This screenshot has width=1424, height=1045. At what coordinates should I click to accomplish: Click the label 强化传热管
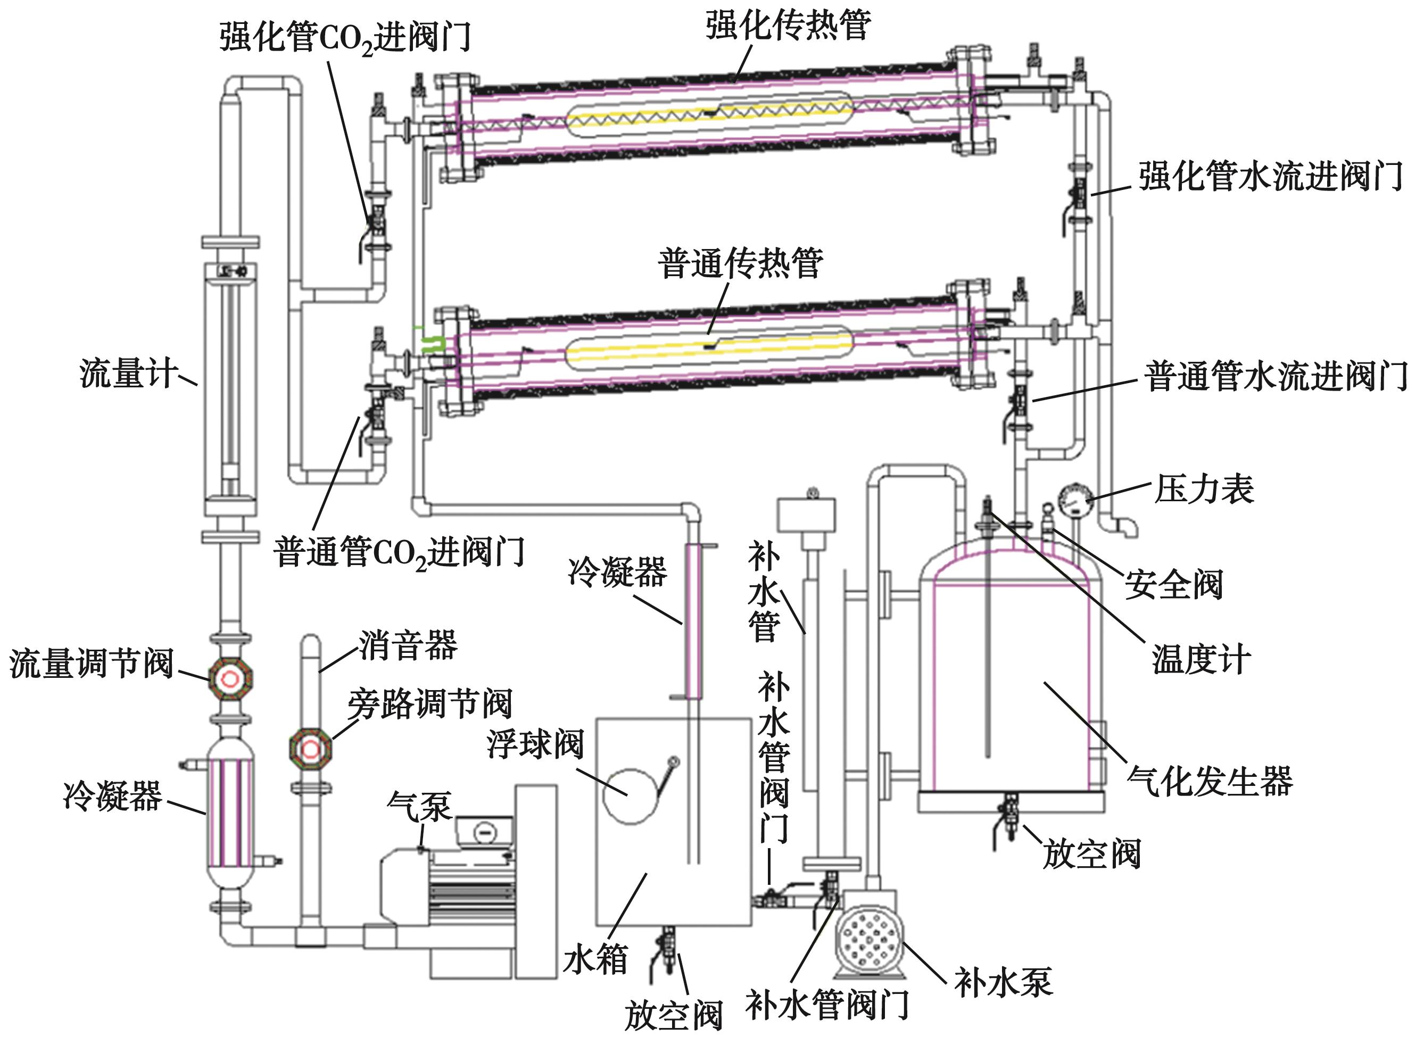788,26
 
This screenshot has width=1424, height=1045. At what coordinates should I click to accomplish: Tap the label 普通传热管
740,263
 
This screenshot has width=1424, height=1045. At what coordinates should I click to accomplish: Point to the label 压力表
1204,489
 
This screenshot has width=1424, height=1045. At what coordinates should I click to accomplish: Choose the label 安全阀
1173,583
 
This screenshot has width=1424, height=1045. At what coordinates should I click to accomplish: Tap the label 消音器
408,645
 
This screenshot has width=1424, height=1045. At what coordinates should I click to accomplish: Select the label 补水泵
1003,982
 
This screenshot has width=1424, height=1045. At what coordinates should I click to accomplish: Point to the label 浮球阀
535,744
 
